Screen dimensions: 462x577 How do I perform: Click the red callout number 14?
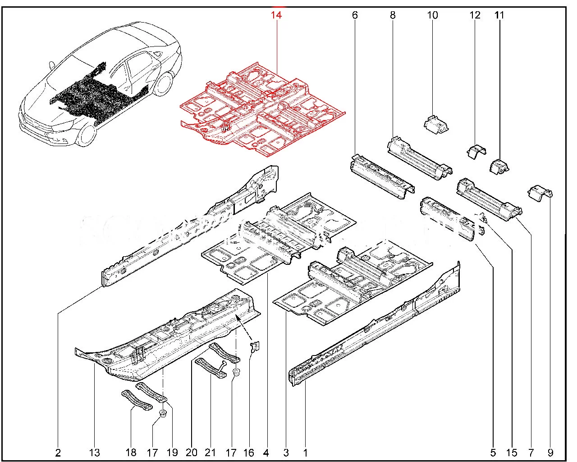tap(276, 15)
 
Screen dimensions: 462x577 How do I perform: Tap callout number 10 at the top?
tap(432, 15)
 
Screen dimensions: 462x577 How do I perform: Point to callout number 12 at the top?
tap(475, 15)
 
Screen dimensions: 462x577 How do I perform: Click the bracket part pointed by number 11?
tap(499, 166)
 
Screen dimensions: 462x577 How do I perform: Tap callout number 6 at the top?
tap(355, 15)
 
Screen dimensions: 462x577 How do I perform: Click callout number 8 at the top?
tap(393, 15)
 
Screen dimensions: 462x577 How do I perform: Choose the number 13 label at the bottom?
tap(95, 453)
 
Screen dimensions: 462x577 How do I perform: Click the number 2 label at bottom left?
tap(58, 453)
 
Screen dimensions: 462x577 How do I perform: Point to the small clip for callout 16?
tap(256, 347)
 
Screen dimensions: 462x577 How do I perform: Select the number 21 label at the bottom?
tap(211, 453)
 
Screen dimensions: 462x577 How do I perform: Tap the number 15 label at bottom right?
tap(512, 453)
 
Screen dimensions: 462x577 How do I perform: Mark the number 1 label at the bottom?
tap(305, 453)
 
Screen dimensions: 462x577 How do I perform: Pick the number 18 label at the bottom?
tap(131, 453)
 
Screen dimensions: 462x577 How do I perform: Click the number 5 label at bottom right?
tap(493, 453)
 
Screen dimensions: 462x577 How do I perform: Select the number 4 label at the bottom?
tap(266, 453)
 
